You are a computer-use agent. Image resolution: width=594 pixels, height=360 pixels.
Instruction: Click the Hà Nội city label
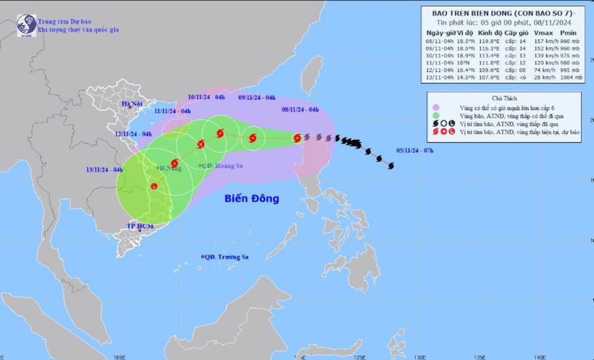(x=132, y=104)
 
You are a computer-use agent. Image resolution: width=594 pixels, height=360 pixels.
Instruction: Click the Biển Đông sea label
(x=251, y=197)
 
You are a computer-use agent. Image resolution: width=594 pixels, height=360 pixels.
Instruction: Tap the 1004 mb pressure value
(x=569, y=77)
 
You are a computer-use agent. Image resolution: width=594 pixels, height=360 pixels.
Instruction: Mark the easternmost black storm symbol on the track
(x=391, y=166)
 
